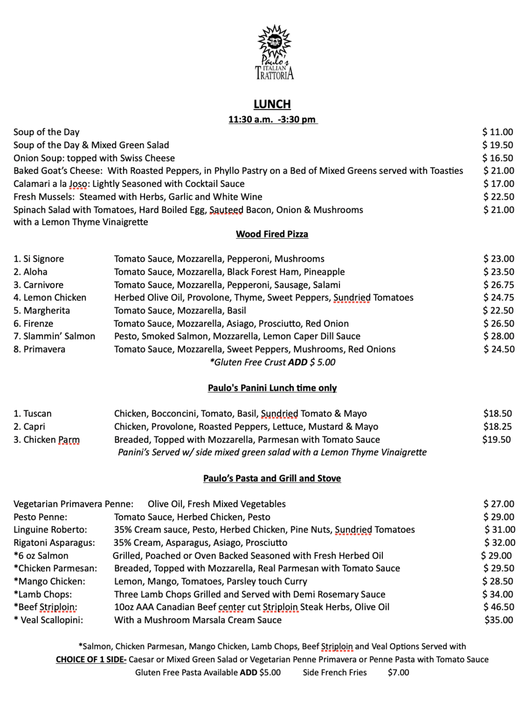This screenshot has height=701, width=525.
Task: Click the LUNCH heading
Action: tap(272, 104)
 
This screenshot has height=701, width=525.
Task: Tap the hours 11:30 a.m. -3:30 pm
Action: tap(272, 119)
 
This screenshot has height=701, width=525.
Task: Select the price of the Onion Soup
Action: tap(497, 158)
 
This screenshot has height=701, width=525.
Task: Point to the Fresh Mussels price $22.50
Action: tap(498, 196)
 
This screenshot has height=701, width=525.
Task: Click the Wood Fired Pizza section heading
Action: tap(272, 234)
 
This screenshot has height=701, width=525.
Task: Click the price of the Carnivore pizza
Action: tap(498, 284)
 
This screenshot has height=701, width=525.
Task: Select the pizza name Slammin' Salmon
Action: tap(54, 336)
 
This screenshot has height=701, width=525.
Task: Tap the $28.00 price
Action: tap(498, 336)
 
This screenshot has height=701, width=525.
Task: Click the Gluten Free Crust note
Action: tap(272, 362)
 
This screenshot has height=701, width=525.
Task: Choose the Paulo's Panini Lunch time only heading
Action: tap(272, 388)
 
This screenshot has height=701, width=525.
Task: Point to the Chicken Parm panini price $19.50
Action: tap(496, 439)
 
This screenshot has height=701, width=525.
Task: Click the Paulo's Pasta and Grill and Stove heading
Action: tap(272, 478)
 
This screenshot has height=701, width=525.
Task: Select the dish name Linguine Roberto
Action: tap(50, 529)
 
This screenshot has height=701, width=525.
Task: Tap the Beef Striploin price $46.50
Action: tap(498, 607)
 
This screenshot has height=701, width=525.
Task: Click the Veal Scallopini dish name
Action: tap(49, 620)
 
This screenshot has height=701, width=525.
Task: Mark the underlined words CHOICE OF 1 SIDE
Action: tap(91, 659)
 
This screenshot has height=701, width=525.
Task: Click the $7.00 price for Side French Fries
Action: tap(398, 672)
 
